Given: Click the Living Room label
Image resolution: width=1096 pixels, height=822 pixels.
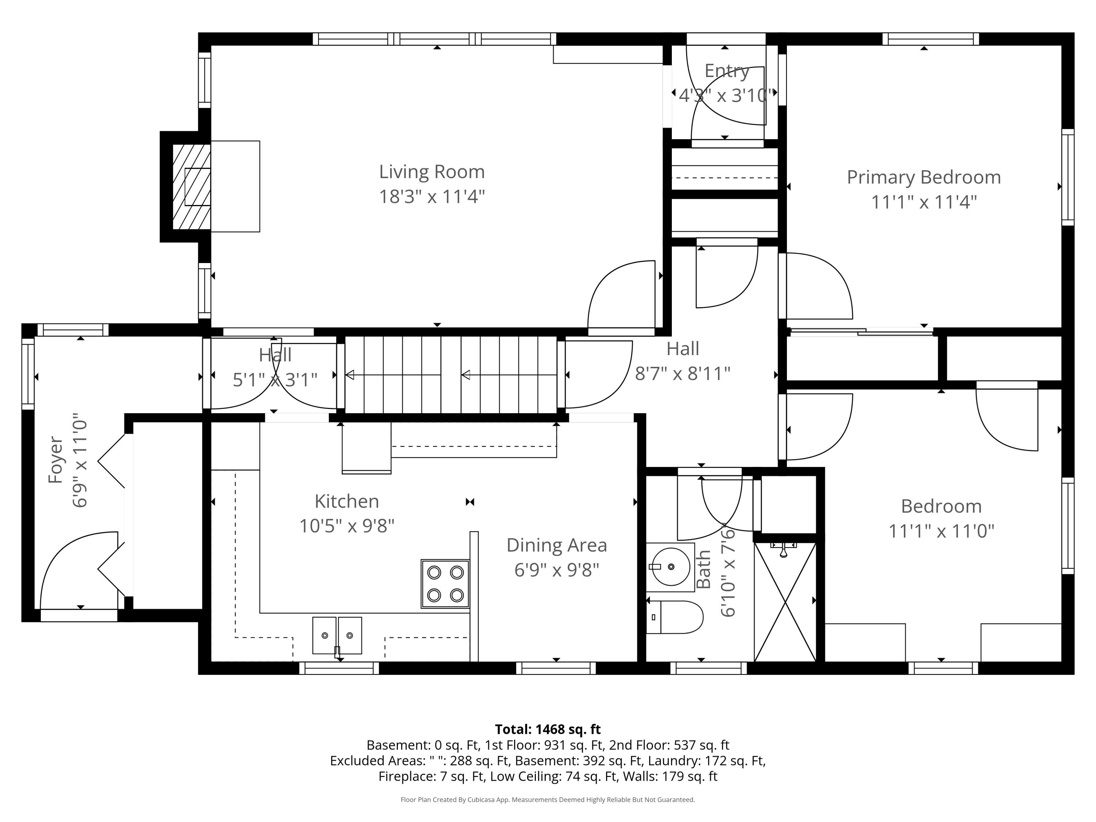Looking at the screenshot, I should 431,172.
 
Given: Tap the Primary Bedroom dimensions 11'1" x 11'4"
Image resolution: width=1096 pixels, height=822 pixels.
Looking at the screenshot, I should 924,202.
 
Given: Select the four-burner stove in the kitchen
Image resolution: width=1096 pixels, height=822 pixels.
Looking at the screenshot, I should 445,584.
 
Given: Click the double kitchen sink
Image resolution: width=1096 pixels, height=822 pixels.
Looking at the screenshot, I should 337,635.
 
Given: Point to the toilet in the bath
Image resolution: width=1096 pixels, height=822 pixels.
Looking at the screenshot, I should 675,617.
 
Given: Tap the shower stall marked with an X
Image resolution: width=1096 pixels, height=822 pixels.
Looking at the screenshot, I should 785,602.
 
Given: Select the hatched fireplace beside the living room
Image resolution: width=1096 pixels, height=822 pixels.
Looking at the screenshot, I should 191,187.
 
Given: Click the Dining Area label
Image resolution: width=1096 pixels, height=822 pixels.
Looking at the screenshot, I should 556,545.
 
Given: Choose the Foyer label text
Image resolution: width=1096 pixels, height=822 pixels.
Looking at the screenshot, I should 56,460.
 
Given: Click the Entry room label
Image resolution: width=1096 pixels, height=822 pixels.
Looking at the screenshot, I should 726,71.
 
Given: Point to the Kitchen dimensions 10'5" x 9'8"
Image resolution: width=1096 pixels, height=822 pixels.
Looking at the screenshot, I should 347,526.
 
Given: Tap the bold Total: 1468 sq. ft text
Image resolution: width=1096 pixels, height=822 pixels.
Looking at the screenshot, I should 548,729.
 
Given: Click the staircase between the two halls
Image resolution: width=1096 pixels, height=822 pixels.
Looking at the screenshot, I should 451,375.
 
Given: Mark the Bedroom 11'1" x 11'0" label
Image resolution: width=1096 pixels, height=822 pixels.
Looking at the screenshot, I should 941,518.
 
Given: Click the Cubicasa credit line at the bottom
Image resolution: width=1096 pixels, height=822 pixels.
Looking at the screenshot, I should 548,800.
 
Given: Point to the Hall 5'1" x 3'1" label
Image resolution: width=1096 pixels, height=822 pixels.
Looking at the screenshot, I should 275,367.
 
